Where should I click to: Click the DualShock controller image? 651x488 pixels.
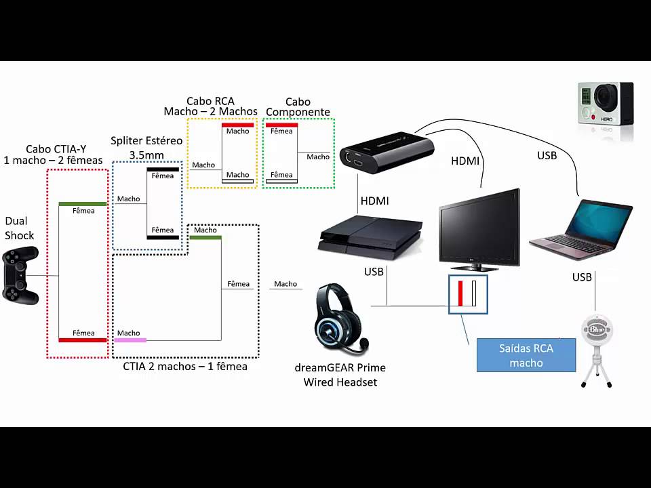(x=20, y=275)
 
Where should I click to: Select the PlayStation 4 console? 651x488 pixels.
(x=370, y=235)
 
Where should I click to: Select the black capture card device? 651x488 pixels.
(x=387, y=152)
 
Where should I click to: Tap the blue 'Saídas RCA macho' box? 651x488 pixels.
(x=526, y=355)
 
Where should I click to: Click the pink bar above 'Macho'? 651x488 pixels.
(x=130, y=340)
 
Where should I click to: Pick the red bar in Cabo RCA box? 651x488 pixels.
(x=237, y=125)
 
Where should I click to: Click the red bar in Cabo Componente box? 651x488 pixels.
(x=281, y=125)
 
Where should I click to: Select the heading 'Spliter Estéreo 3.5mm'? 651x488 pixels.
(x=146, y=147)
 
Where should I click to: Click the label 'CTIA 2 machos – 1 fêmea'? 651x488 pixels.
(x=185, y=367)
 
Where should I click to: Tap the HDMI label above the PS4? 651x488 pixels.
(x=375, y=201)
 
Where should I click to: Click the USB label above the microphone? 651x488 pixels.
(x=582, y=277)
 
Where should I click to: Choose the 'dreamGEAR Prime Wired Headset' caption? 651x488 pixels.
(x=340, y=375)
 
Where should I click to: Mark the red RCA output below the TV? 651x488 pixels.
(x=460, y=293)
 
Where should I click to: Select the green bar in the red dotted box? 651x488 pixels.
(x=83, y=203)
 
